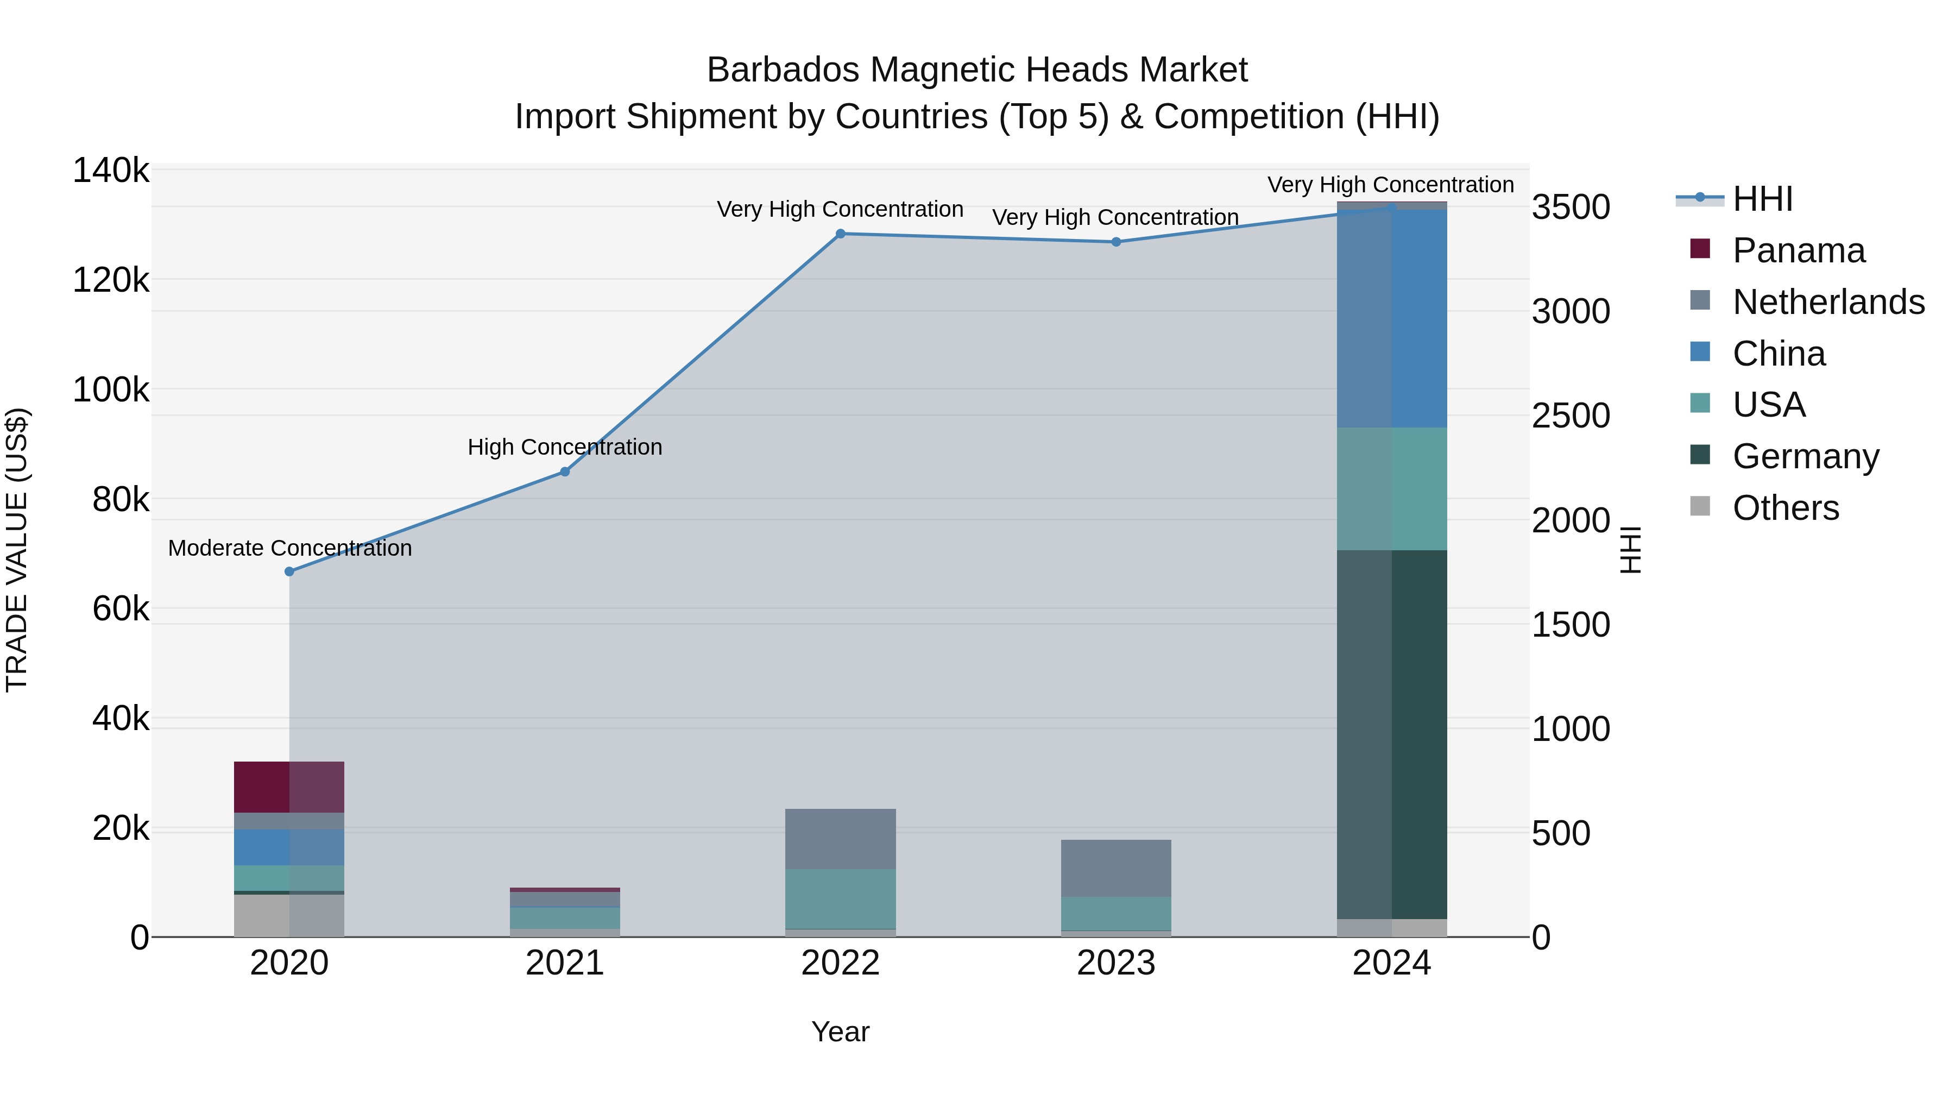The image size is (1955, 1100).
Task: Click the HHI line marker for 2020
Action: pyautogui.click(x=289, y=571)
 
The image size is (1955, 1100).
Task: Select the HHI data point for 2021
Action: pyautogui.click(x=565, y=472)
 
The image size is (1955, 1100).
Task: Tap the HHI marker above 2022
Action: pyautogui.click(x=840, y=234)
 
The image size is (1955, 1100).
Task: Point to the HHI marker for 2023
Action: pyautogui.click(x=1115, y=242)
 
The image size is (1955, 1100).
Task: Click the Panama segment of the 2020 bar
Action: pyautogui.click(x=289, y=787)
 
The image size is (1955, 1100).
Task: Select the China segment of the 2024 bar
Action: pyautogui.click(x=1392, y=319)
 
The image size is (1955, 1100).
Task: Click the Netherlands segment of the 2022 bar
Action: pyautogui.click(x=840, y=839)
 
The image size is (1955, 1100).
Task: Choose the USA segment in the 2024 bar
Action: pyautogui.click(x=1392, y=489)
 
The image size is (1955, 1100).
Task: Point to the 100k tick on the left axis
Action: pyautogui.click(x=111, y=390)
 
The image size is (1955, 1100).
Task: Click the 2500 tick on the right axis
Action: pyautogui.click(x=1570, y=416)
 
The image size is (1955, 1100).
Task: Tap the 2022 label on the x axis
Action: pyautogui.click(x=840, y=963)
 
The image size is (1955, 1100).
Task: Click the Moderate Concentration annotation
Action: pyautogui.click(x=290, y=548)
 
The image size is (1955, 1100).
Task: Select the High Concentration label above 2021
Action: pyautogui.click(x=565, y=447)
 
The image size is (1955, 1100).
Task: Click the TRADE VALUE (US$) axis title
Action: pyautogui.click(x=17, y=550)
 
